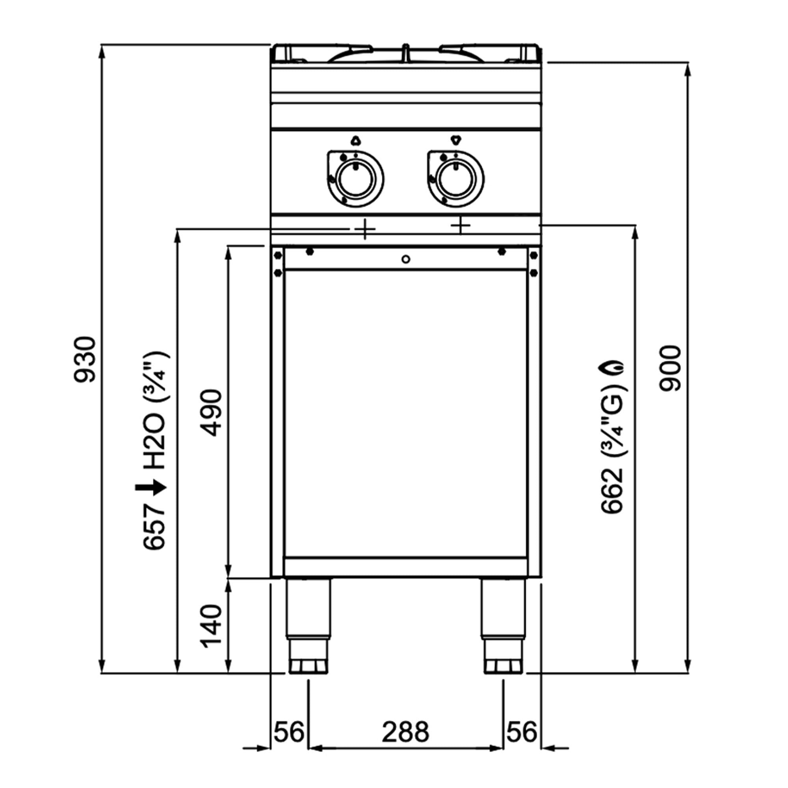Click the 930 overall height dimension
point(84,359)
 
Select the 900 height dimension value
point(670,369)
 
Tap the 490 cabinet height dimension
point(212,413)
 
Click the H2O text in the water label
point(154,442)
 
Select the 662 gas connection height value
point(612,490)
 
